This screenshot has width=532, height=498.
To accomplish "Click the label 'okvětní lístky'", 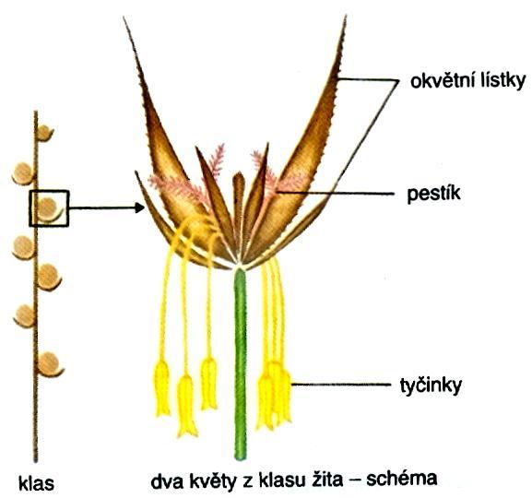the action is [467, 81].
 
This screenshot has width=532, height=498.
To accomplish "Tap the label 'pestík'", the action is [434, 194].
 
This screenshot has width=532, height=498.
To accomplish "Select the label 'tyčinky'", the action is [431, 385].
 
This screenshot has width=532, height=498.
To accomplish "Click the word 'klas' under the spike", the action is [36, 482].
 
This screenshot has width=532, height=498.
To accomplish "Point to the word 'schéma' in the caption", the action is [402, 479].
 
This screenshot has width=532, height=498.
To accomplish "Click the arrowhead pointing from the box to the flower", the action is [139, 207].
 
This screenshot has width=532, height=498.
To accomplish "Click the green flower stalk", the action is [241, 364].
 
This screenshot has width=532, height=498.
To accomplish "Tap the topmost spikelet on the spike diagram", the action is [44, 133].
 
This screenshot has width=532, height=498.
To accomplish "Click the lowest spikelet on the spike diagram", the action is [50, 364].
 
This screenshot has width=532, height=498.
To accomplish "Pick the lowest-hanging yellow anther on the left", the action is [186, 406].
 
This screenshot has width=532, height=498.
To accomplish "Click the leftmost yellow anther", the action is [162, 388].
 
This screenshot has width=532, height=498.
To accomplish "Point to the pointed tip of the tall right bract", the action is [346, 16].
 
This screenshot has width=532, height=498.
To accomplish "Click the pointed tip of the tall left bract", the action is [124, 18].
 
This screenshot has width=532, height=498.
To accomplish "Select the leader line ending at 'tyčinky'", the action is [341, 385].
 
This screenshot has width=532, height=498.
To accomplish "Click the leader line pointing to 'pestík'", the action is [336, 193].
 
